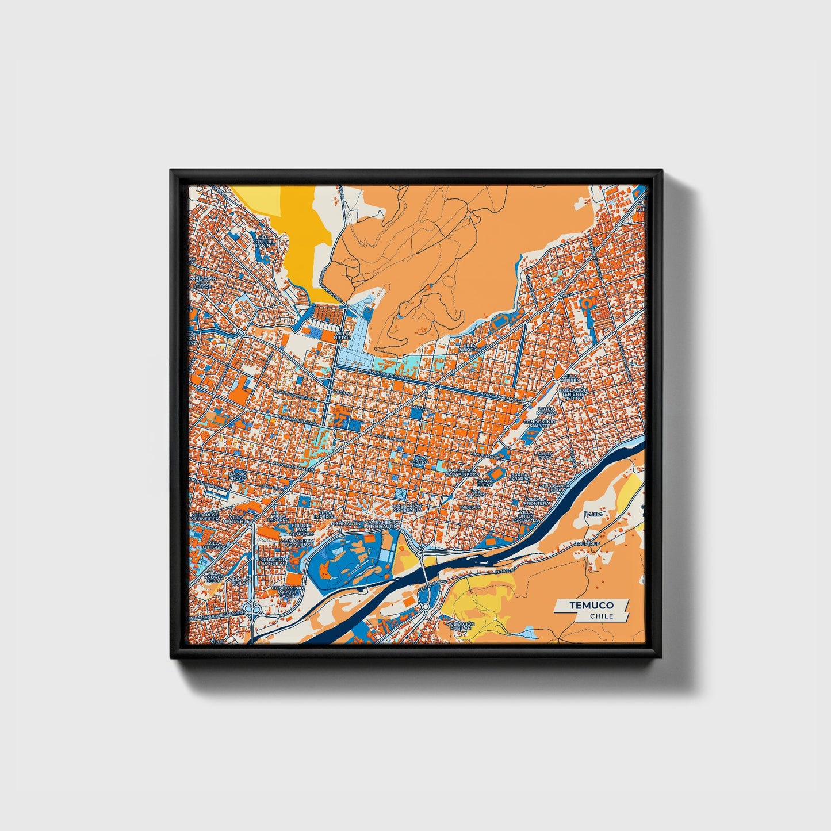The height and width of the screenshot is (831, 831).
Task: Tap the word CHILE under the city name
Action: [601, 616]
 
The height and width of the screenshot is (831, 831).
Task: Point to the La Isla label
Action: [593, 514]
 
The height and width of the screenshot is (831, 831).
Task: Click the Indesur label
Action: [470, 507]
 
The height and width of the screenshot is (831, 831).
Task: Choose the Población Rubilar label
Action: [461, 626]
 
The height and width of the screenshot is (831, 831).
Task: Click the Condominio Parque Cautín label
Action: [286, 591]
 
